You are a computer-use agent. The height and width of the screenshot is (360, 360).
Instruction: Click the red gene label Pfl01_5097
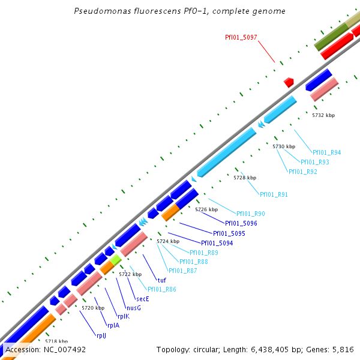coord(241,37)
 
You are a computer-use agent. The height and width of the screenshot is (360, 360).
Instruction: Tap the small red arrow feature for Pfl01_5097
coord(289,81)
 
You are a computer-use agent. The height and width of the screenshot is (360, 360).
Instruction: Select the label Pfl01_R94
coord(326,152)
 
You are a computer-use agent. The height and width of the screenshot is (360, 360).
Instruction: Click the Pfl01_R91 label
coord(274,194)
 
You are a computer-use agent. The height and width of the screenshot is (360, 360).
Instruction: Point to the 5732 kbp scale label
coord(323,115)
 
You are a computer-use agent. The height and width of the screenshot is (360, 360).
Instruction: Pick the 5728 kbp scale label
coord(245,178)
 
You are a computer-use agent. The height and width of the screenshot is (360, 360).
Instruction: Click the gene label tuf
coord(161,280)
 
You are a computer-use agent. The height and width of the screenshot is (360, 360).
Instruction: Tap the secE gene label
coord(142,298)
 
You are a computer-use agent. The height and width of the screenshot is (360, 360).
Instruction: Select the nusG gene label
coord(134,308)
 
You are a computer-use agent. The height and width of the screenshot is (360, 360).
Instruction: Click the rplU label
coord(101,335)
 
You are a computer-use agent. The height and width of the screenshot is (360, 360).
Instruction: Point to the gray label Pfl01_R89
coord(203,253)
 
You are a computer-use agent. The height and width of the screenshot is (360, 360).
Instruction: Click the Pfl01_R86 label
coord(162,289)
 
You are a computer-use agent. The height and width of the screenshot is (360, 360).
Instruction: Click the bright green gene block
coord(115,260)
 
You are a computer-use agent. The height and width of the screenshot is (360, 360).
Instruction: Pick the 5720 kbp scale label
coord(93,307)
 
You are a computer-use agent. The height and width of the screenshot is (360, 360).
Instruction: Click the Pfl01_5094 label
coord(217,243)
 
